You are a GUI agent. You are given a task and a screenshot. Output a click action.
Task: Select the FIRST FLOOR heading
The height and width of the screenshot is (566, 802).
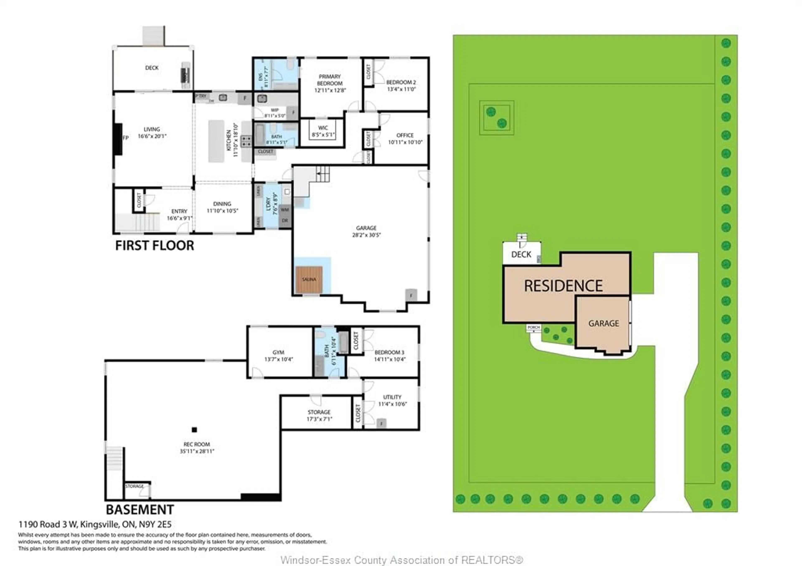154,246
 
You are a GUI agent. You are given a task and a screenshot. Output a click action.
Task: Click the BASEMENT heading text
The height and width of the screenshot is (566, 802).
140,510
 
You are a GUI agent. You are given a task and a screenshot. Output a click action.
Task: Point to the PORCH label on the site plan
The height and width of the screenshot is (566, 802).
533,327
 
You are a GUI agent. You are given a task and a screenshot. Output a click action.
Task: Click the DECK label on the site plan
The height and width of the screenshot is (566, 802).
521,255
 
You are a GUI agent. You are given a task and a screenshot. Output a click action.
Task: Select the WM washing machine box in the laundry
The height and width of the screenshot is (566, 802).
285,209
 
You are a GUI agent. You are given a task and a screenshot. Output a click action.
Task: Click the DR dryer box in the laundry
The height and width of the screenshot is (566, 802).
285,221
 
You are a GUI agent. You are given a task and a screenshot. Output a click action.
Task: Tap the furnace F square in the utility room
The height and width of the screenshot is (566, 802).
381,423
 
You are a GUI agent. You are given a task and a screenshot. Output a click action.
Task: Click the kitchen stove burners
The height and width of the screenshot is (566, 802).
246,141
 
